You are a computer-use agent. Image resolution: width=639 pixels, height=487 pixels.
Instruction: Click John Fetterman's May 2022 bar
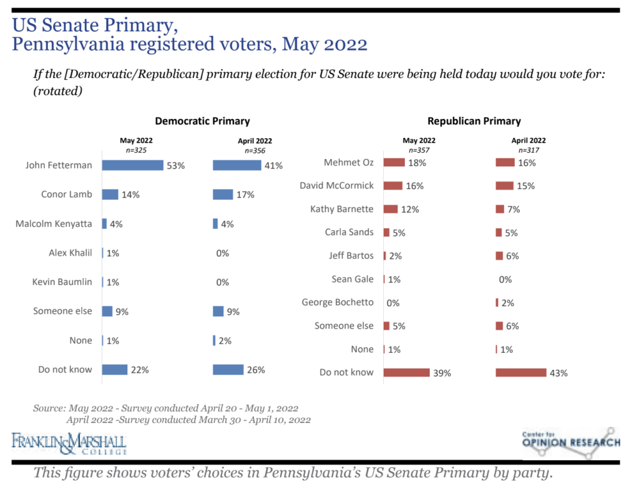click(x=132, y=165)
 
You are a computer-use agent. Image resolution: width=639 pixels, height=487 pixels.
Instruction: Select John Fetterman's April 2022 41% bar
click(x=237, y=165)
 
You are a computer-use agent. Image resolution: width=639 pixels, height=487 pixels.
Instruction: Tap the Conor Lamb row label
click(x=67, y=194)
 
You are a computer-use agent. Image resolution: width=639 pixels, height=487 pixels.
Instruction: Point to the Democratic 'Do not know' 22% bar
click(x=114, y=369)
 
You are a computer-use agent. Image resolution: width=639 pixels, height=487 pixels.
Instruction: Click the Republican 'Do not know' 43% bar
click(x=520, y=372)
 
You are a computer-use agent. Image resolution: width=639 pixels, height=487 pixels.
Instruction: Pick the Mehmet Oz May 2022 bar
click(x=394, y=162)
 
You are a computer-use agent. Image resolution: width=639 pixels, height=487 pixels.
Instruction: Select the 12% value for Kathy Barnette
click(x=410, y=209)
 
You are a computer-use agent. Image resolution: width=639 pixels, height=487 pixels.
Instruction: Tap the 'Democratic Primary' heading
click(x=202, y=121)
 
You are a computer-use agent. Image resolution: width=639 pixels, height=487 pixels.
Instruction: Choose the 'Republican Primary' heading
click(x=474, y=121)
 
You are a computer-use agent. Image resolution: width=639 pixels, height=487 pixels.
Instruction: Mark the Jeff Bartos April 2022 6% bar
click(x=499, y=256)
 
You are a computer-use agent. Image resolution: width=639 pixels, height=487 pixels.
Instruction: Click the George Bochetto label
click(x=338, y=302)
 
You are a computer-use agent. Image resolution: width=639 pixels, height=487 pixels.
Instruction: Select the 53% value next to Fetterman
click(x=175, y=166)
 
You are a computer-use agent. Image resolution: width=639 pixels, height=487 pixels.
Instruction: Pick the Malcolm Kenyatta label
click(x=54, y=223)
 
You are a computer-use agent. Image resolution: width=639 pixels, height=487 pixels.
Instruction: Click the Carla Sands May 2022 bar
click(x=386, y=232)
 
